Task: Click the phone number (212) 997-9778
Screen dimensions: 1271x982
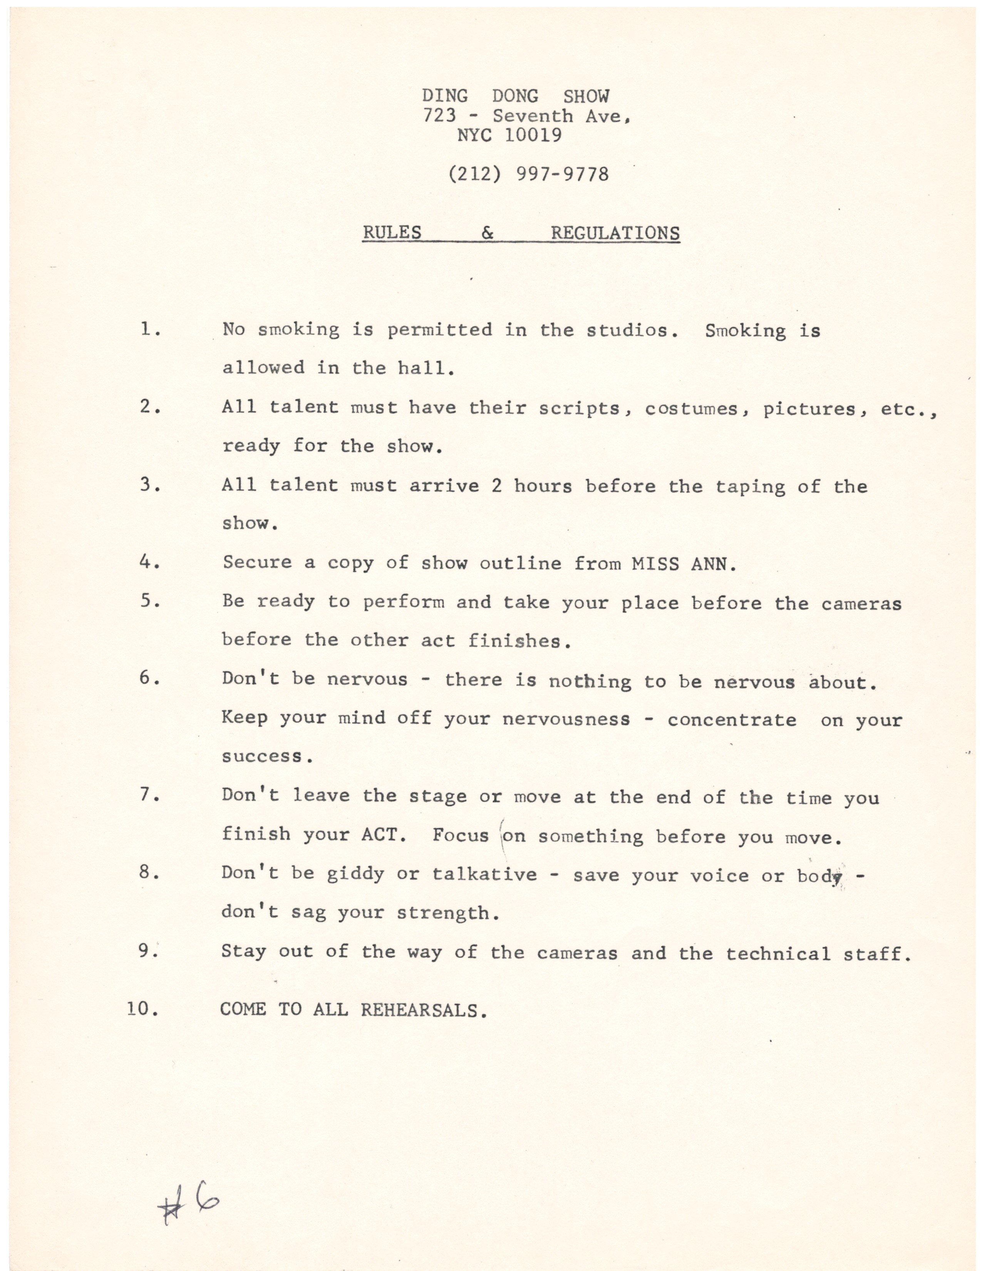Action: tap(528, 174)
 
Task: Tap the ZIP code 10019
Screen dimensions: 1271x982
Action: tap(533, 136)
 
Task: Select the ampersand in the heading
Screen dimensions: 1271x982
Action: tap(488, 233)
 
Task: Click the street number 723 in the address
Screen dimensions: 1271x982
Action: tap(439, 116)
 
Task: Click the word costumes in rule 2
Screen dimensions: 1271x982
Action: tap(691, 409)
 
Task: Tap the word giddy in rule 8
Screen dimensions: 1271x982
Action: tap(355, 874)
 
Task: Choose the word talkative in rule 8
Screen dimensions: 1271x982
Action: tap(484, 874)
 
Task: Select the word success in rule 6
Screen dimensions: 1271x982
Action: tap(262, 756)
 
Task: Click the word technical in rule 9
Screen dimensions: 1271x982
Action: tap(778, 953)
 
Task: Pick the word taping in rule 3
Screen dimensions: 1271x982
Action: tap(750, 486)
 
